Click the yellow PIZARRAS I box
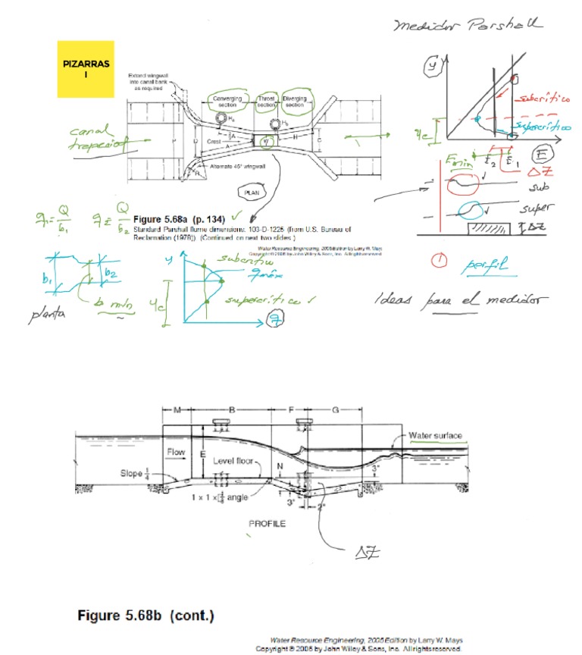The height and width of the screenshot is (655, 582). (x=86, y=68)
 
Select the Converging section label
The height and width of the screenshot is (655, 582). (x=227, y=102)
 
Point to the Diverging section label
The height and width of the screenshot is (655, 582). (x=295, y=102)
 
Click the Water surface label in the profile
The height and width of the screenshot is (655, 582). (x=435, y=436)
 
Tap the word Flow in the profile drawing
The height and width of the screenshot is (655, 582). (x=176, y=453)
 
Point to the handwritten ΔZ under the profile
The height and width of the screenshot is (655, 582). (x=364, y=556)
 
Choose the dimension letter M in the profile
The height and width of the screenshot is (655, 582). (x=176, y=410)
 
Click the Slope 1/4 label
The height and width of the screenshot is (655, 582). (x=137, y=474)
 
